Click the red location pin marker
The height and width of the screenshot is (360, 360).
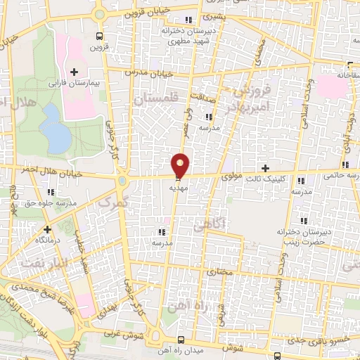(x=181, y=165)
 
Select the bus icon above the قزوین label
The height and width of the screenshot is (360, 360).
(x=98, y=36)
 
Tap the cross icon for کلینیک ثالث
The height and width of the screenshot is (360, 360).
(x=265, y=168)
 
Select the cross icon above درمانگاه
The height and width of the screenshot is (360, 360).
(x=47, y=229)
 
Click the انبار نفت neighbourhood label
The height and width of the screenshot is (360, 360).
(x=36, y=262)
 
